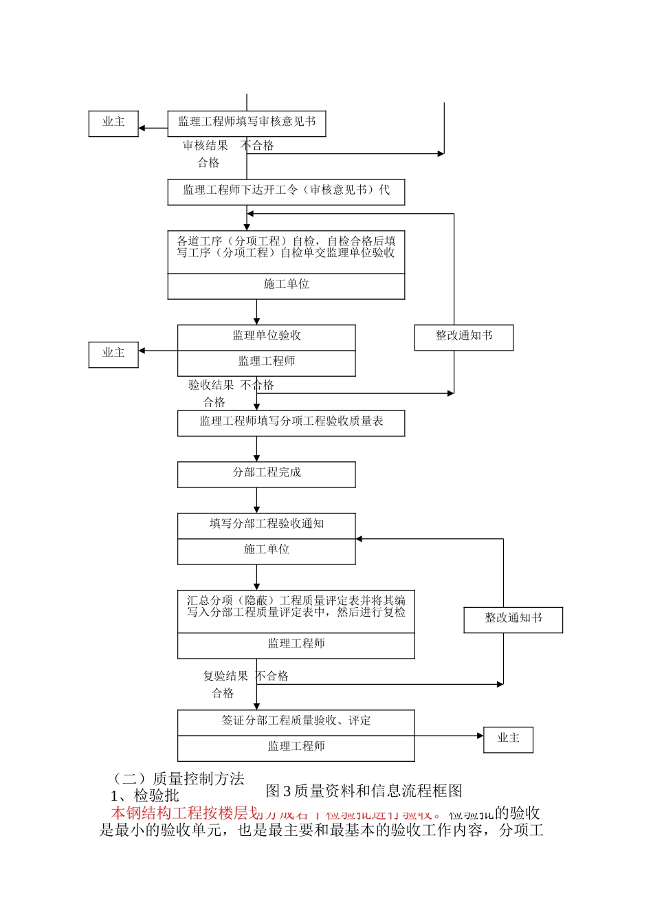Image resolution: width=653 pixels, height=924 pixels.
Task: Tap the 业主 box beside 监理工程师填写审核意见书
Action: [113, 123]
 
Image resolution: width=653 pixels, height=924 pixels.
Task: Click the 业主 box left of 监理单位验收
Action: [113, 354]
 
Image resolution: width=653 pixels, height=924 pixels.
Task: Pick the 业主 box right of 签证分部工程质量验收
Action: [508, 739]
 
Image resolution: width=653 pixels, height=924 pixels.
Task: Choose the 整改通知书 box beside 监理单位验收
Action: [464, 337]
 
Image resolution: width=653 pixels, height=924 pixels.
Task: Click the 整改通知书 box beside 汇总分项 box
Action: [513, 619]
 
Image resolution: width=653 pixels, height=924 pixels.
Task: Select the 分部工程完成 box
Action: [267, 474]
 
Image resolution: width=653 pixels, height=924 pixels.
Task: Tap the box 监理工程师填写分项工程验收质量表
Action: [291, 422]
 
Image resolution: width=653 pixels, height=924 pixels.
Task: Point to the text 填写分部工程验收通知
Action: [267, 525]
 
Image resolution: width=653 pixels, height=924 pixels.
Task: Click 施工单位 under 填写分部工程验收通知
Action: [267, 550]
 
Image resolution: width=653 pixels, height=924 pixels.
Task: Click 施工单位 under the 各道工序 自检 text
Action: [286, 285]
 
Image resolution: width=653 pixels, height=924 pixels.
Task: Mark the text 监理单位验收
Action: [267, 336]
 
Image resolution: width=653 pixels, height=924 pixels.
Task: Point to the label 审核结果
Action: [206, 146]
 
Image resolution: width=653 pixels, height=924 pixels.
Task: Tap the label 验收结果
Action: [211, 386]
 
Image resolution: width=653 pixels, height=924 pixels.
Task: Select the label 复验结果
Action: [225, 676]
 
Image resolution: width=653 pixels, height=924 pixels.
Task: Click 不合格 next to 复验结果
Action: [273, 676]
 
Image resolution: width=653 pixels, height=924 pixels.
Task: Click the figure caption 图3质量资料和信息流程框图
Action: [364, 791]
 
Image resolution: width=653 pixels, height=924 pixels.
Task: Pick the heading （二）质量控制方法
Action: [178, 779]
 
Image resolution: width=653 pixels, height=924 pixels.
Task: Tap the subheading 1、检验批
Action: [145, 796]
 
